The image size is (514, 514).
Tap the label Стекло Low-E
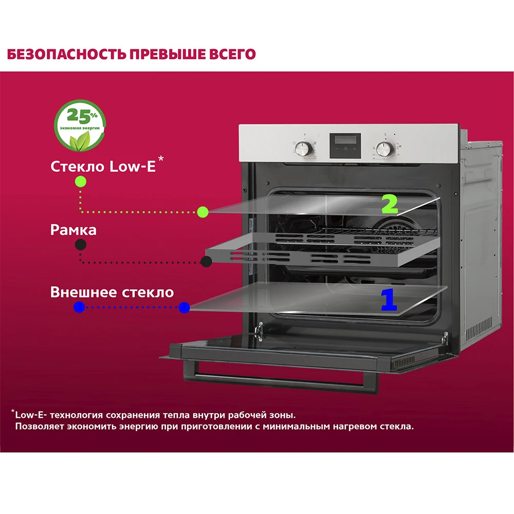[103, 167]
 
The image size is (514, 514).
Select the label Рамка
[74, 229]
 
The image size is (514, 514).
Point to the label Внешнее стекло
[112, 292]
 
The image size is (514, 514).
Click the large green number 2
[390, 204]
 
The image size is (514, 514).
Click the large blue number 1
[388, 300]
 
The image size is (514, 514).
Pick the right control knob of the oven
[383, 149]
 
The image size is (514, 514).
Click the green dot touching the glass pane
[202, 211]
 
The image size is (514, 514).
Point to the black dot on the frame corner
[206, 262]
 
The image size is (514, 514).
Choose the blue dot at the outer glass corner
[183, 308]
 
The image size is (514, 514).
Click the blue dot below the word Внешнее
[79, 307]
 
